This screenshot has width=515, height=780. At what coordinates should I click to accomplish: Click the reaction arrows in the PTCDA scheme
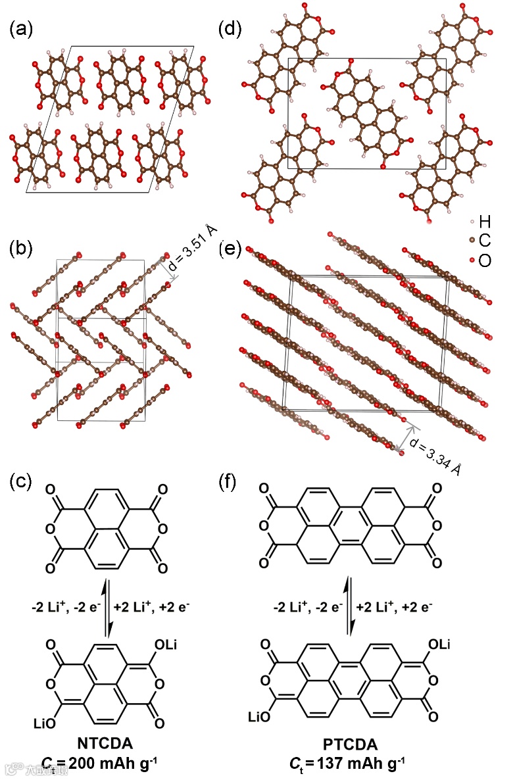(x=351, y=606)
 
